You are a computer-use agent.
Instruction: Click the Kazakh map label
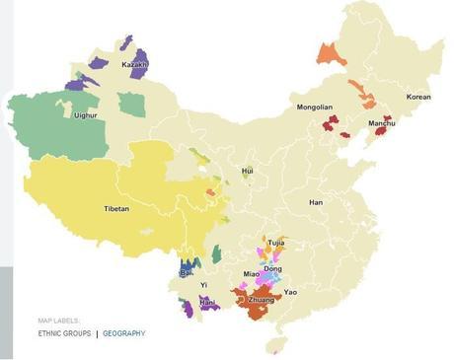click(x=134, y=65)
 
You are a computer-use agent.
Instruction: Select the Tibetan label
click(x=116, y=209)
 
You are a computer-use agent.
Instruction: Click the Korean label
click(x=418, y=97)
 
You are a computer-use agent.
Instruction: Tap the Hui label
click(x=248, y=172)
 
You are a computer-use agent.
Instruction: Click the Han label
click(x=316, y=202)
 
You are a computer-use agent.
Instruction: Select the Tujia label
click(x=275, y=242)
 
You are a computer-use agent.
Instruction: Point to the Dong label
click(x=272, y=268)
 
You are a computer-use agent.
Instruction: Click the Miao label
click(x=251, y=273)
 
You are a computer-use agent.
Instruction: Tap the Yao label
click(x=290, y=293)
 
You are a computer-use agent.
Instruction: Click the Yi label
click(x=204, y=285)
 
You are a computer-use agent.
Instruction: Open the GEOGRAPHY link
click(x=123, y=333)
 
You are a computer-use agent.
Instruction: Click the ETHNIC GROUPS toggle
click(x=64, y=333)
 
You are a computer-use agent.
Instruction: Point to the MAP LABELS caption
click(x=58, y=321)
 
